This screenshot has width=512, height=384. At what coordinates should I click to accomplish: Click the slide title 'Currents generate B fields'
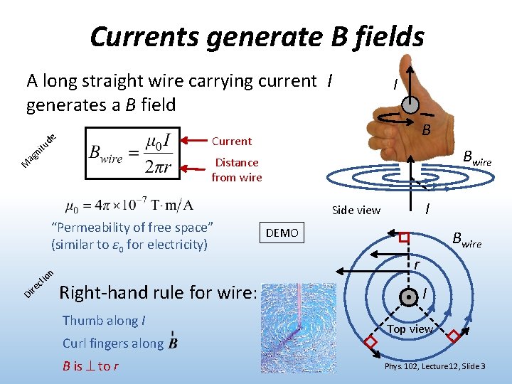[257, 36]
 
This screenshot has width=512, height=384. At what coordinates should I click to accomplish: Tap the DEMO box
[282, 233]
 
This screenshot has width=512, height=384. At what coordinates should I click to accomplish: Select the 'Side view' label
[356, 210]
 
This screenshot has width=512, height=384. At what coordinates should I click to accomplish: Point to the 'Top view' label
[410, 329]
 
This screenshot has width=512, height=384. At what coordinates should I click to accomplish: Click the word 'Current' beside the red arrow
[232, 141]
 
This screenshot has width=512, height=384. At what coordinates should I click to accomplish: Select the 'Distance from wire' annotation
[237, 170]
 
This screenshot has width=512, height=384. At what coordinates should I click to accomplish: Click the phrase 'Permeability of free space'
[133, 228]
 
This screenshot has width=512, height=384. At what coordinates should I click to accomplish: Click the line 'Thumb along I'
[104, 321]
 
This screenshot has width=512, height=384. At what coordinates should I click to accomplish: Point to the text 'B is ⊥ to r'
[90, 367]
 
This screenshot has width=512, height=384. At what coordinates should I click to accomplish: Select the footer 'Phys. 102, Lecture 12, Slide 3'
[435, 367]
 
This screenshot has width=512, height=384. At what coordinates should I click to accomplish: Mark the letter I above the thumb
[395, 85]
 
